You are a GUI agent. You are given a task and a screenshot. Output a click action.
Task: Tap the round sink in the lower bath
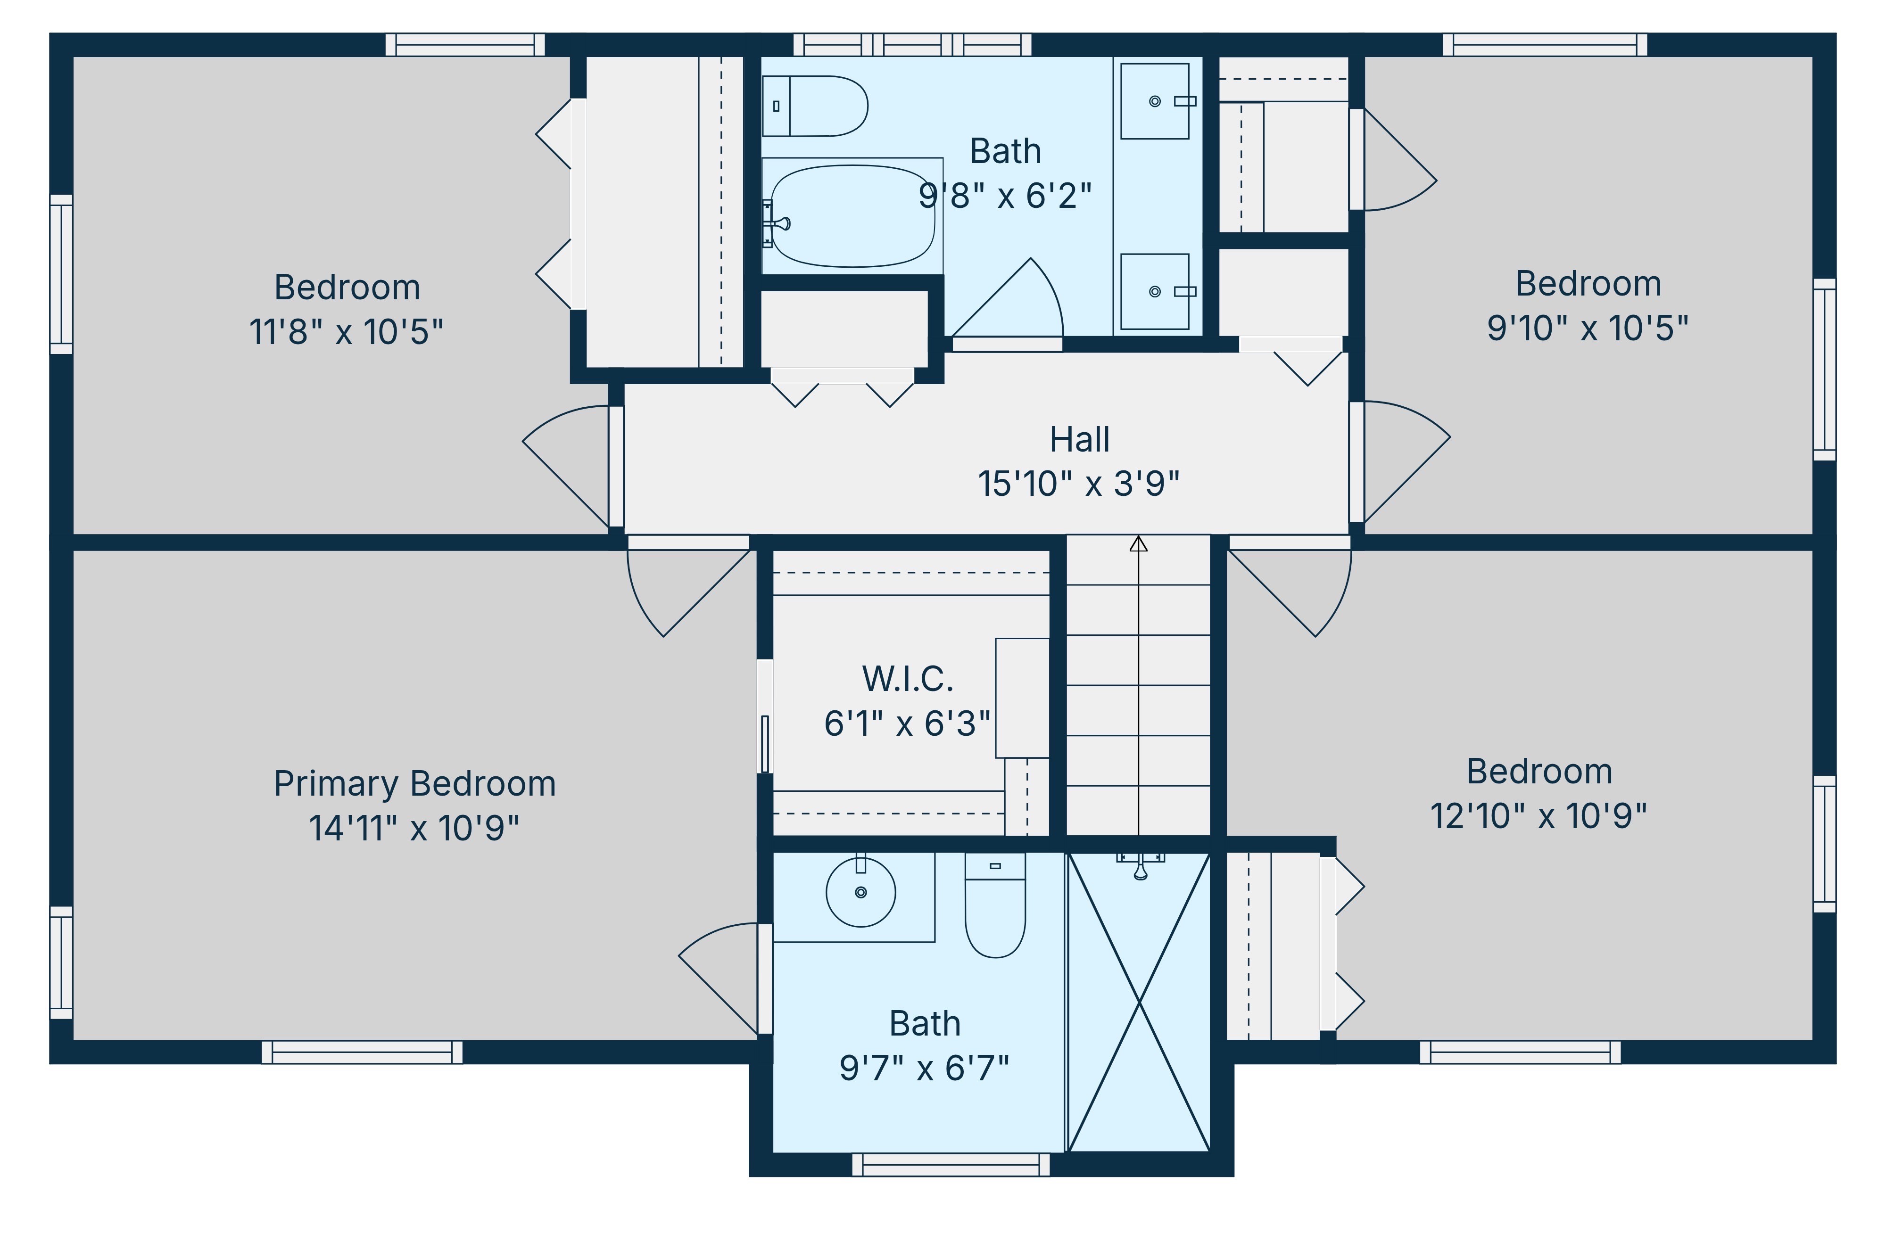pyautogui.click(x=860, y=892)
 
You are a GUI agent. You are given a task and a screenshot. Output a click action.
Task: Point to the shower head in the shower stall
pyautogui.click(x=1141, y=867)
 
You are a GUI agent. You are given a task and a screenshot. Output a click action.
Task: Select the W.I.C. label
pyautogui.click(x=908, y=679)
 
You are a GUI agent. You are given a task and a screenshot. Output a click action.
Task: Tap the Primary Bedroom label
pyautogui.click(x=414, y=784)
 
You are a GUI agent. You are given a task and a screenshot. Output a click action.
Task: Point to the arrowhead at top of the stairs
pyautogui.click(x=1138, y=544)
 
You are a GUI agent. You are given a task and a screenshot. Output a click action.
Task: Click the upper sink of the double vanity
pyautogui.click(x=1155, y=101)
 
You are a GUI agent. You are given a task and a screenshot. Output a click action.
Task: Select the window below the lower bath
pyautogui.click(x=951, y=1165)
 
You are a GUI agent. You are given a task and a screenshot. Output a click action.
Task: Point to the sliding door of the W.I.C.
pyautogui.click(x=764, y=717)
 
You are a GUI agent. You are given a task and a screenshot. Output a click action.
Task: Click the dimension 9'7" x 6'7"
pyautogui.click(x=924, y=1068)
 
